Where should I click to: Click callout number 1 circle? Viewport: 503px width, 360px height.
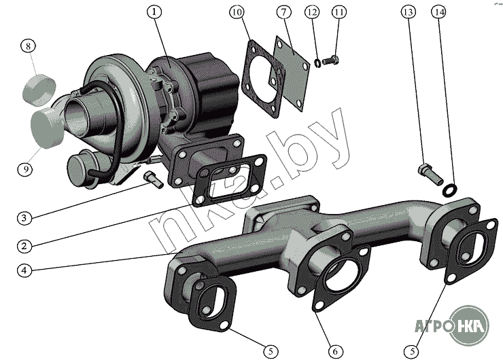tap(154, 12)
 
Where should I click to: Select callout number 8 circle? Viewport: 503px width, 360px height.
tap(29, 46)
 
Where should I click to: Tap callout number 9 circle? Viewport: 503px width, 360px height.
tap(25, 168)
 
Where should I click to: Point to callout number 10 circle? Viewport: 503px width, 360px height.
tap(237, 12)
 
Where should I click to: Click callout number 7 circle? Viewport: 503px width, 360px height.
tap(283, 12)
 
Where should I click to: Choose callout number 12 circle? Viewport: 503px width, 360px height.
tap(312, 12)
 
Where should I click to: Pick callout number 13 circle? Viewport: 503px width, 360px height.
tap(409, 12)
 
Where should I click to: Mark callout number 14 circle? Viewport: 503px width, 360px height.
tap(439, 12)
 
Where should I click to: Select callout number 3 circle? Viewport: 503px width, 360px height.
tap(24, 218)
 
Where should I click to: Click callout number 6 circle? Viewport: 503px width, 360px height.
tap(335, 352)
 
